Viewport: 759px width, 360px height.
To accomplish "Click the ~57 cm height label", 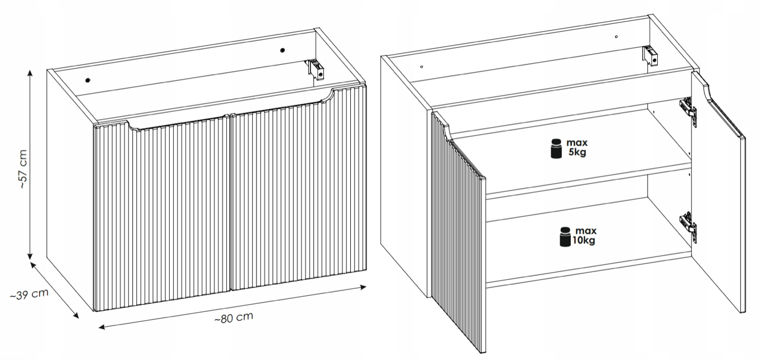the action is [x=23, y=169].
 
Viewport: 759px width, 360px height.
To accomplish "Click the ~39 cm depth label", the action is [x=29, y=294].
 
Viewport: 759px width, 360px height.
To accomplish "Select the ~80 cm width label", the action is [x=234, y=318].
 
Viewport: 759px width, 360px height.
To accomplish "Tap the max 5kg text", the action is [x=577, y=147].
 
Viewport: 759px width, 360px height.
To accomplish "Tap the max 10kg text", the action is [x=584, y=235].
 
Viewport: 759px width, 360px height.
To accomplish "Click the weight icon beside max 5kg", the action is [x=556, y=148].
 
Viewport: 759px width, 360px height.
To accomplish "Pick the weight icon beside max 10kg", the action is [x=565, y=236].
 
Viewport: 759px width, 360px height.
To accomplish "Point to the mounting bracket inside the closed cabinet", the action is [x=316, y=69].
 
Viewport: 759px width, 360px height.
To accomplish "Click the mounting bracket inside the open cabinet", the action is [x=650, y=57].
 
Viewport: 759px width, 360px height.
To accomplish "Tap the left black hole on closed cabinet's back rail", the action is [x=88, y=81].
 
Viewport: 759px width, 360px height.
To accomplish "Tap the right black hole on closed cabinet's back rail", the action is [x=283, y=50].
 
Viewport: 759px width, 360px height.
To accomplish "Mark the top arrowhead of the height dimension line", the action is [x=30, y=73].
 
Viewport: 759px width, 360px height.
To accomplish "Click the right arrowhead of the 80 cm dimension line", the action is [x=363, y=287].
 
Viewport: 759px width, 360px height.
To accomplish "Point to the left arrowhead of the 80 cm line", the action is [x=102, y=327].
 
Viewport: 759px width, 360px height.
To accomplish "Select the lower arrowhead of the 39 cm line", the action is [x=76, y=315].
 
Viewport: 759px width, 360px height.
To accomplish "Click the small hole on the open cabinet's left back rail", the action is [x=421, y=67].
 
